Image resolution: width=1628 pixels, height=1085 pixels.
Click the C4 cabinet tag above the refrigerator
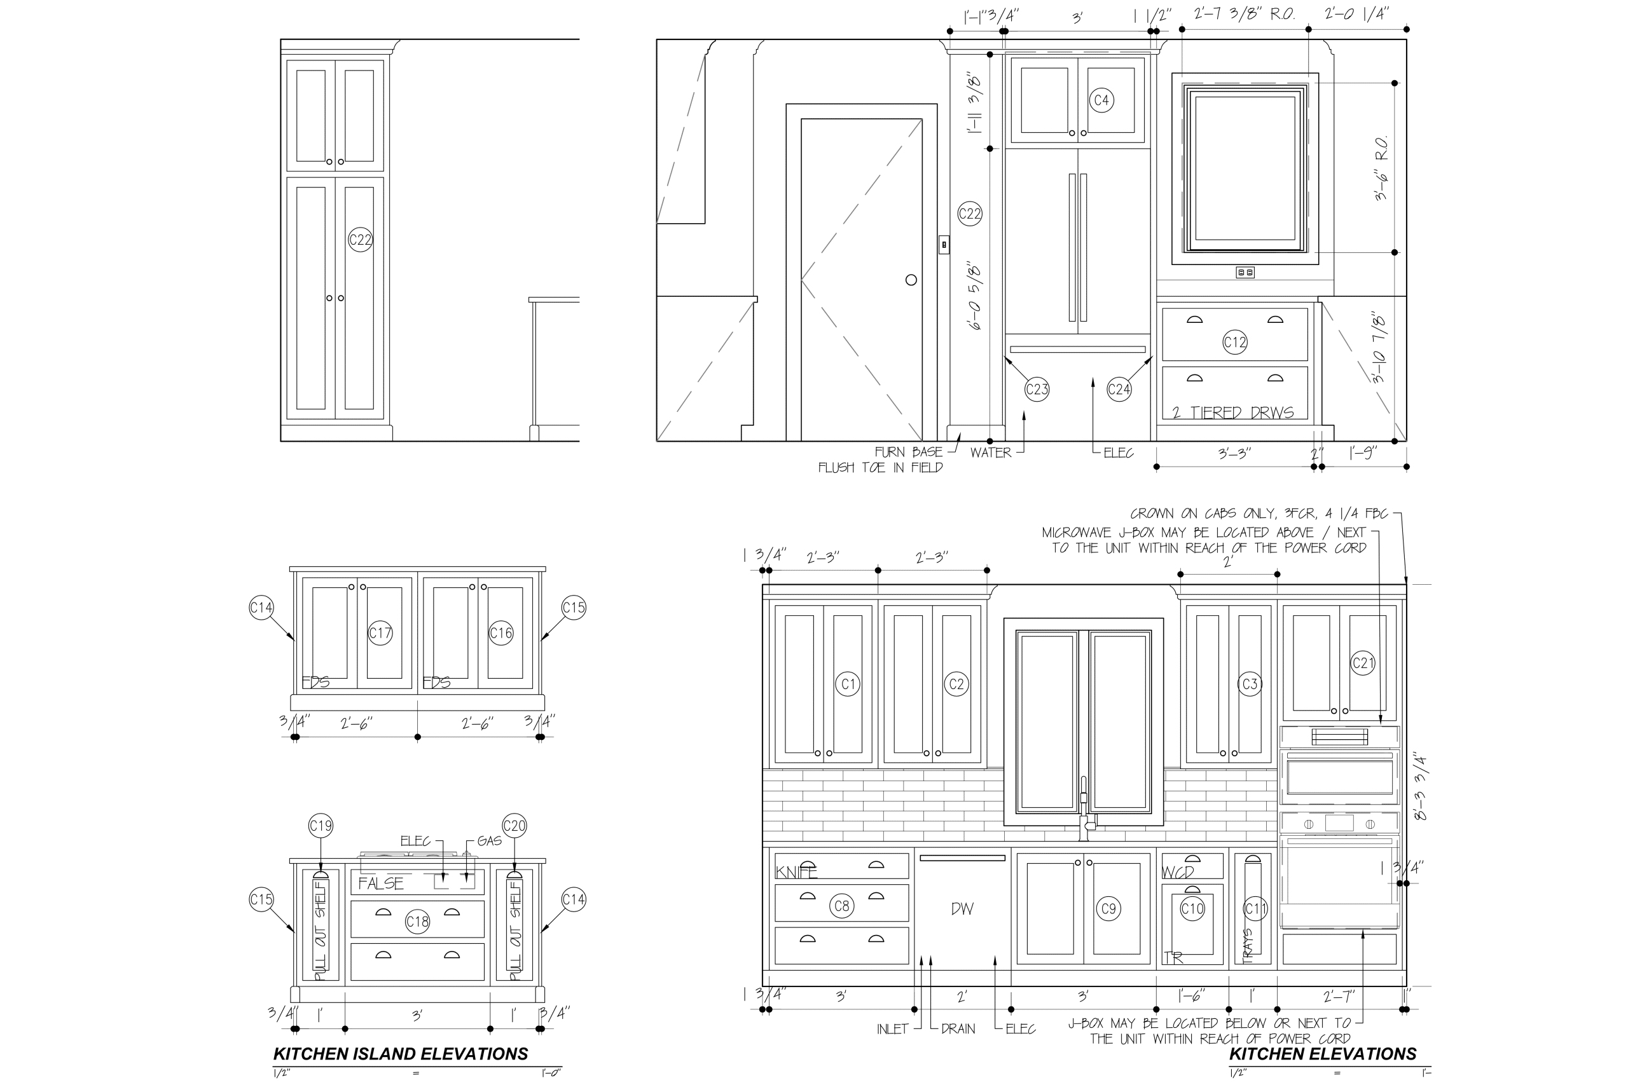(x=1101, y=100)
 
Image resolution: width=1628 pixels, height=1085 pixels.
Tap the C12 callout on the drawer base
(x=1235, y=342)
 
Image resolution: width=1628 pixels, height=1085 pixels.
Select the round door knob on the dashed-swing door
(x=911, y=280)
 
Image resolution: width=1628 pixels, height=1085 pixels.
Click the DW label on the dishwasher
(x=962, y=909)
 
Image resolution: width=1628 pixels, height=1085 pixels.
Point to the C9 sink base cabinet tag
(x=1108, y=908)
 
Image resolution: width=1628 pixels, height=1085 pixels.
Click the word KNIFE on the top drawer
(x=796, y=873)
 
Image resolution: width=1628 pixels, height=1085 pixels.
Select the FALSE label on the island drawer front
(x=381, y=884)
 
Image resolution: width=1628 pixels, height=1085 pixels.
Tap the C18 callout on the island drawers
(x=417, y=922)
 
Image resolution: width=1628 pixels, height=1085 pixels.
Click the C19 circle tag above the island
(x=321, y=826)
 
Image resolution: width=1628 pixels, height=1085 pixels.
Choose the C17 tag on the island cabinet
(x=380, y=632)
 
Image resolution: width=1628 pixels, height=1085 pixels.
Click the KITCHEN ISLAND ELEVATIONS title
(x=400, y=1054)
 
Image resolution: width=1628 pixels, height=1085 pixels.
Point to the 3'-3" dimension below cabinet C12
(x=1234, y=454)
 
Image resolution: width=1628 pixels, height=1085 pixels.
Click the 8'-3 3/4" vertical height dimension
(x=1420, y=787)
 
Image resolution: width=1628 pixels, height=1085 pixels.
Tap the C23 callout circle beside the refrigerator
(x=1037, y=389)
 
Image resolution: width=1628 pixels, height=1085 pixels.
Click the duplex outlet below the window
(x=1245, y=273)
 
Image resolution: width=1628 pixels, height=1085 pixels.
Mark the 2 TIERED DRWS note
(x=1233, y=413)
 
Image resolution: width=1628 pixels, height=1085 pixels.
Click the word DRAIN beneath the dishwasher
(x=958, y=1029)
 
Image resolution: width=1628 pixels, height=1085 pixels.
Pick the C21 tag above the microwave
(x=1362, y=663)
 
